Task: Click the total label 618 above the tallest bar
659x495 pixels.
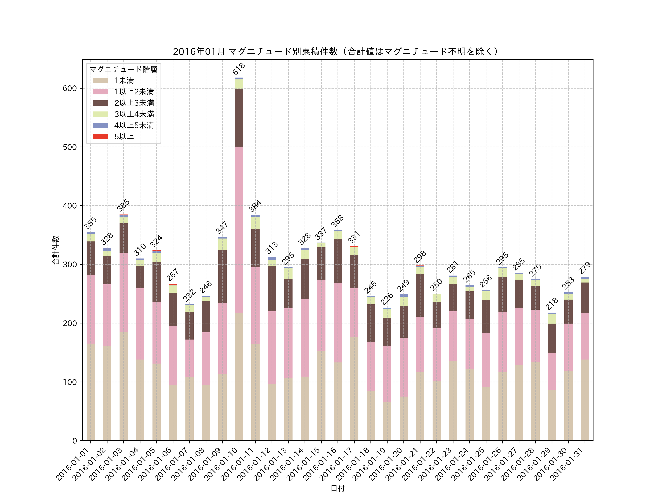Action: click(x=239, y=69)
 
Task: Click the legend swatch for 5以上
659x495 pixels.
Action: click(x=100, y=136)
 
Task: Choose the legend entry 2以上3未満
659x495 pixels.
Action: click(x=134, y=103)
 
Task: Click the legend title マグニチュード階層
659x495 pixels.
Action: click(x=123, y=69)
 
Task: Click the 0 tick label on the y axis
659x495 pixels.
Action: click(x=75, y=441)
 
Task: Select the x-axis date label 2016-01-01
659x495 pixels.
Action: click(x=73, y=464)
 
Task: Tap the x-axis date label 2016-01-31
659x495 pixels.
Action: click(x=567, y=464)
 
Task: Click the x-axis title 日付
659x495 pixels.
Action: click(x=338, y=488)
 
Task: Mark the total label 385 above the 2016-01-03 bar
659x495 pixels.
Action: click(x=123, y=205)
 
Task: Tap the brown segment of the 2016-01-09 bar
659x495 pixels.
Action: click(x=222, y=277)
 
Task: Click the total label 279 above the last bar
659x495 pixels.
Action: click(x=584, y=268)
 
